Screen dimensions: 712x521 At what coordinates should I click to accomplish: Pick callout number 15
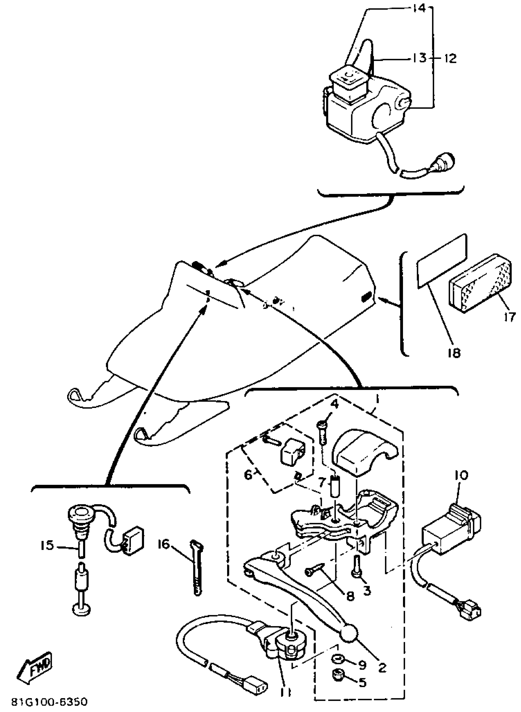point(47,545)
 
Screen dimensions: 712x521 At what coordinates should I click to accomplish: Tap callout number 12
point(451,58)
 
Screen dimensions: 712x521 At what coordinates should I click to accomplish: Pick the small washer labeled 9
point(338,667)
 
